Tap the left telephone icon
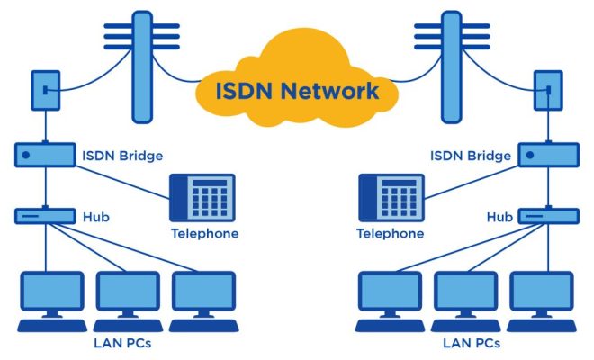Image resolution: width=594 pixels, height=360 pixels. (x=202, y=198)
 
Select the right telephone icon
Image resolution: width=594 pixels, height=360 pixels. (x=391, y=198)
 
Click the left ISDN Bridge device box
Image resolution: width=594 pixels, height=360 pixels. (x=45, y=155)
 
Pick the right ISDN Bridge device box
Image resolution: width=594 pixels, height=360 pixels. (x=548, y=155)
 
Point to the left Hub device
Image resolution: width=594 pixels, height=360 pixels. (x=45, y=216)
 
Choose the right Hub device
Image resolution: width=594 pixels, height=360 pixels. (x=548, y=216)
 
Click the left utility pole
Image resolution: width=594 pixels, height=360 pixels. (x=142, y=67)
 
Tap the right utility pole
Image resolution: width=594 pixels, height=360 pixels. (x=452, y=67)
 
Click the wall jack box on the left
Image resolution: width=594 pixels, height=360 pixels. (x=46, y=91)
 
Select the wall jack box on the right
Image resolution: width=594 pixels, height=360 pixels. (x=548, y=91)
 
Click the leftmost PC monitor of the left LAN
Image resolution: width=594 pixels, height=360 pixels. (x=52, y=291)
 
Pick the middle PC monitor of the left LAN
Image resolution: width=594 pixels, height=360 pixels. (x=128, y=291)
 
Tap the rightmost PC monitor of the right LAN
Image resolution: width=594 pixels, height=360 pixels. (x=542, y=291)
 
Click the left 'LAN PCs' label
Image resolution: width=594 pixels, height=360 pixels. (x=122, y=343)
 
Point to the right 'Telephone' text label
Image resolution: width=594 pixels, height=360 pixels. (x=391, y=233)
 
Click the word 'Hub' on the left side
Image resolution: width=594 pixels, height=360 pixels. (x=96, y=217)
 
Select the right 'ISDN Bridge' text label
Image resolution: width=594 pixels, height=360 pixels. (x=471, y=156)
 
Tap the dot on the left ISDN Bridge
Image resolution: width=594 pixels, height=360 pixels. (x=26, y=155)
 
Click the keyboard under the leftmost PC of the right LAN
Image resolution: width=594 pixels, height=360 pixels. (x=390, y=326)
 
